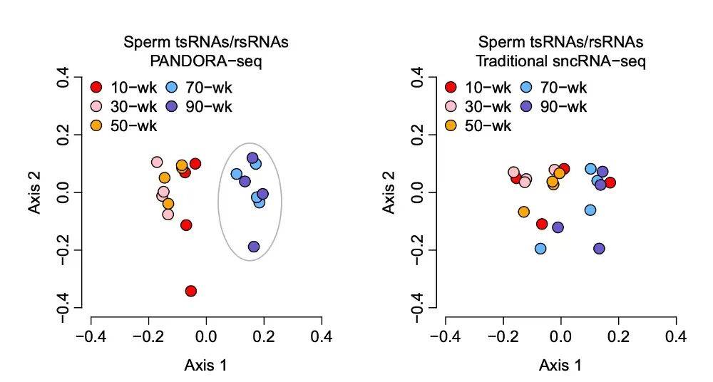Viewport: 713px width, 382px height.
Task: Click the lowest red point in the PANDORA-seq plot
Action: (x=190, y=291)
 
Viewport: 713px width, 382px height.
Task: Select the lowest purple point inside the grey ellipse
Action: (x=254, y=247)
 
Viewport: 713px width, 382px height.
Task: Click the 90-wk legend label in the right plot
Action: (x=563, y=107)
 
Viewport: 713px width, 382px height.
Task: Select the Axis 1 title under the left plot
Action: (x=205, y=366)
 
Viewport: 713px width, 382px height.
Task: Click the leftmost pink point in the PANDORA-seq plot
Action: (x=157, y=162)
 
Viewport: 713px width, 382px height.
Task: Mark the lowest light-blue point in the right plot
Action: (x=540, y=248)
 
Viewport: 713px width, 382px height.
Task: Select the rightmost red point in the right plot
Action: (x=610, y=182)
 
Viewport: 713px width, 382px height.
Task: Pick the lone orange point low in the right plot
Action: (x=523, y=212)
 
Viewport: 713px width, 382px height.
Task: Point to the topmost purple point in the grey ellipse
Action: (x=252, y=158)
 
